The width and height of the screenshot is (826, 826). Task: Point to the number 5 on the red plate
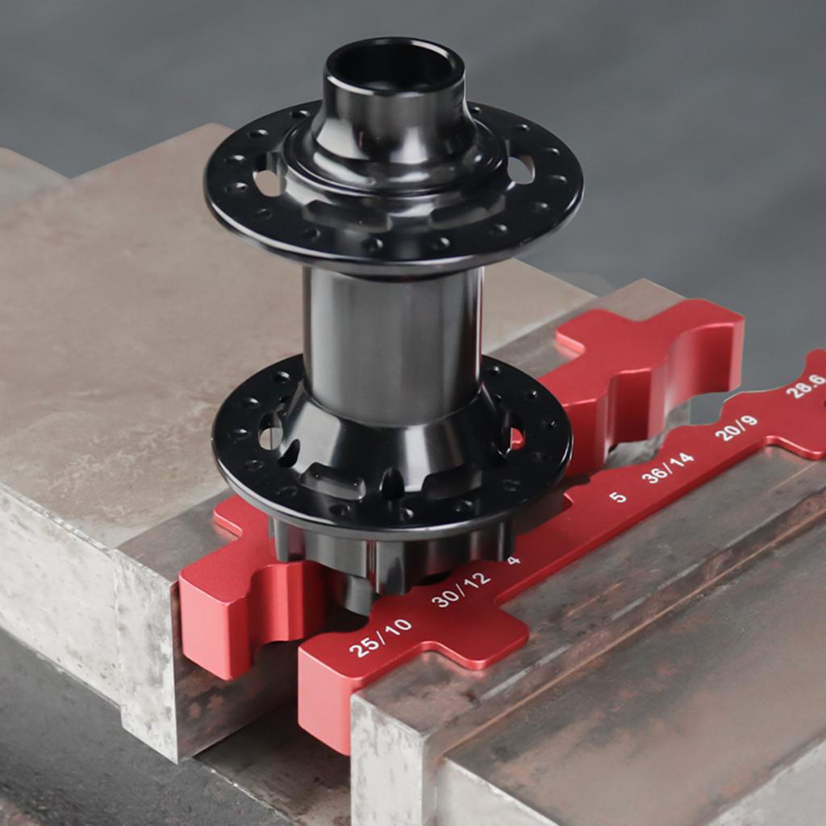point(617,497)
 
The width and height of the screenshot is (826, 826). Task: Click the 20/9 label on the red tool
point(736,428)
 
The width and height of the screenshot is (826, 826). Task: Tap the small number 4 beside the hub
point(514,560)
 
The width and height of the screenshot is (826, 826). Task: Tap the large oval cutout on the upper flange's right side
point(520,169)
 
